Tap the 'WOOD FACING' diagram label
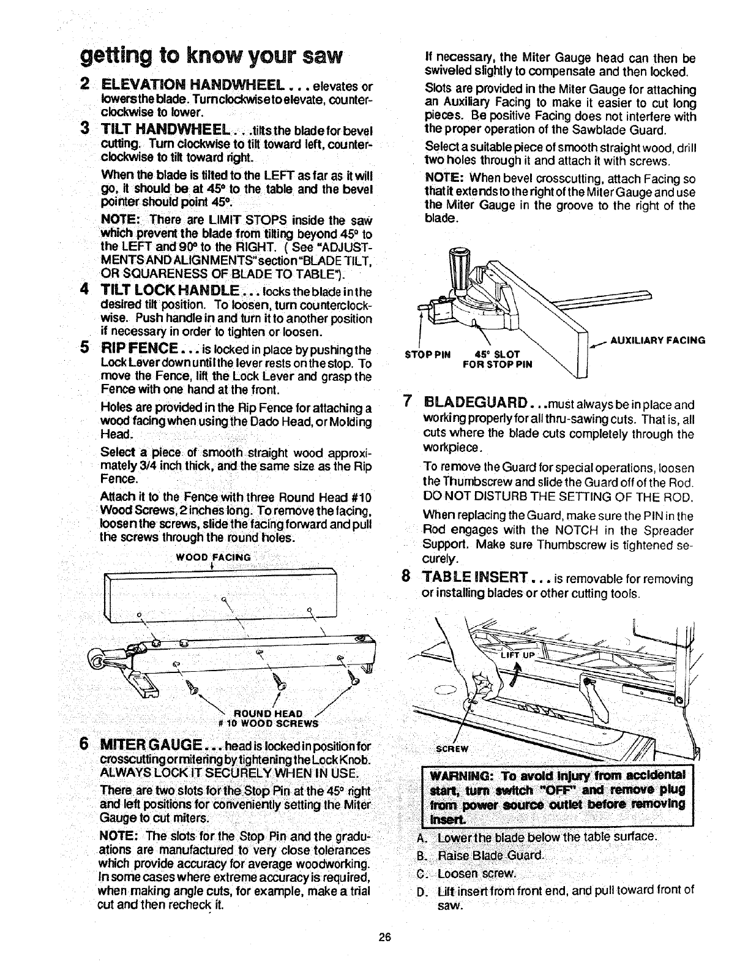click(x=213, y=557)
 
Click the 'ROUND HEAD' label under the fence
click(x=269, y=713)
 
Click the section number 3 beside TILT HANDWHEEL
click(x=84, y=129)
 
